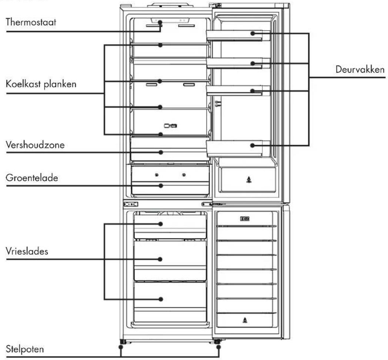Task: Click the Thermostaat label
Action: (x=31, y=22)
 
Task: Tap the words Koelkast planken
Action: (x=41, y=84)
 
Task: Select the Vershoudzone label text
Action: (x=35, y=145)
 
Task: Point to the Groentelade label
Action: (x=32, y=178)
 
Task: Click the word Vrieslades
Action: (x=27, y=251)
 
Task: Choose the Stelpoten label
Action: (x=25, y=349)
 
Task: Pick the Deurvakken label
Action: (x=360, y=69)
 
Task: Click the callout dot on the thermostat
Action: (x=160, y=22)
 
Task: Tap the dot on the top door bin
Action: (x=252, y=33)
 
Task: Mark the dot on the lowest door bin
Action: (x=252, y=145)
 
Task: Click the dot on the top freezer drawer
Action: (x=161, y=224)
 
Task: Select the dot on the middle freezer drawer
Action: (x=160, y=259)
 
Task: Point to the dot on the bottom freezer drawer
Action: (x=161, y=299)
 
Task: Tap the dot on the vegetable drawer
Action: (x=161, y=185)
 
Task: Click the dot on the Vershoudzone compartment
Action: (x=161, y=152)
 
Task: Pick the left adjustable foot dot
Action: (x=121, y=347)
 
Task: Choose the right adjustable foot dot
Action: (x=218, y=347)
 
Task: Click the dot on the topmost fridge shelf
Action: (x=160, y=45)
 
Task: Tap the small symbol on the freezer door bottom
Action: (x=245, y=320)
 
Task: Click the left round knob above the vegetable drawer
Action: (x=157, y=175)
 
